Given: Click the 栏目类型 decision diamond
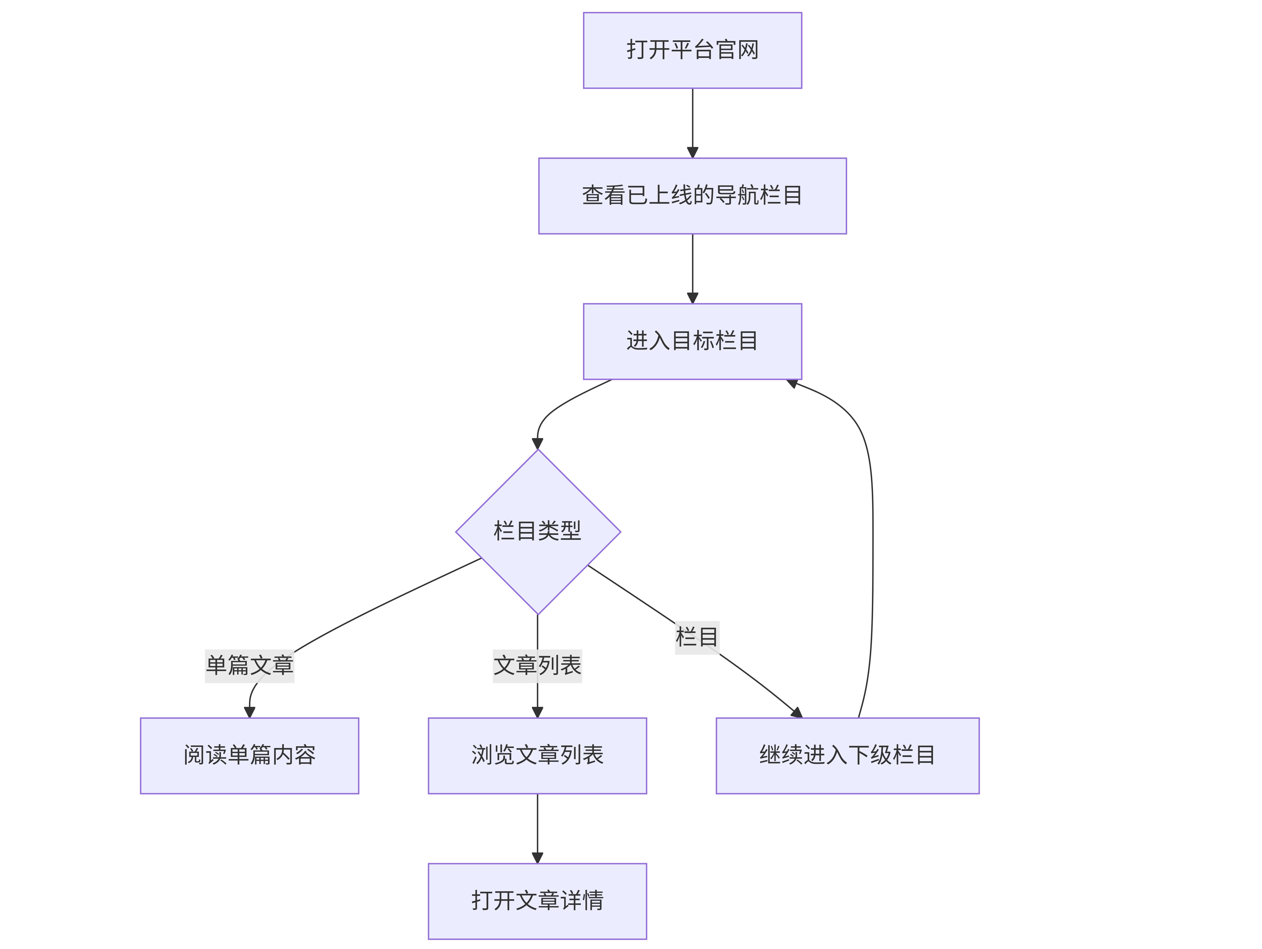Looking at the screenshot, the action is tap(538, 532).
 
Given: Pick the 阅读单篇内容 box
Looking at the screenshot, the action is tap(249, 755).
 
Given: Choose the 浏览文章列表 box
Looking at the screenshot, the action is tap(537, 755).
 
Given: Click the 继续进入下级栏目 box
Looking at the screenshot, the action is tap(848, 755).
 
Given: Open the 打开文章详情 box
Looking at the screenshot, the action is tap(537, 901).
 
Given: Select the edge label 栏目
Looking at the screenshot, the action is tap(697, 637).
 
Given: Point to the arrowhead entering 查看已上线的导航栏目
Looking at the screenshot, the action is tap(693, 152).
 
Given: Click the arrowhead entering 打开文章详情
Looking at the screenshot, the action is tap(537, 858).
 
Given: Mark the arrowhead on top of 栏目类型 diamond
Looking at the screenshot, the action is tap(537, 443).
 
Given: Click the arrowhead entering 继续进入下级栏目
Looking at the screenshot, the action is tap(797, 713).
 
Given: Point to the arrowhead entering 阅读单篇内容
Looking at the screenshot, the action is tap(249, 712).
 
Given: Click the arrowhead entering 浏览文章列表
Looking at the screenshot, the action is tap(537, 712).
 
